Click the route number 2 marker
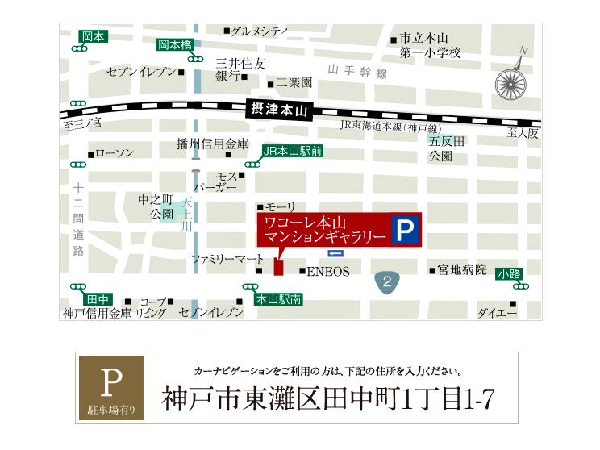pos(387,281)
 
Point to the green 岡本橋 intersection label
pos(176,45)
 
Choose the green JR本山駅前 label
pos(292,151)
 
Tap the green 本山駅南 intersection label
pos(278,299)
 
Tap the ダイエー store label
pos(496,312)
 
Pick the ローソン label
pos(114,152)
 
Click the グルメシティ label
pos(260,31)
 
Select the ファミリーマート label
pos(227,259)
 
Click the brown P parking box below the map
pos(111,388)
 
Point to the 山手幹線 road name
pos(358,73)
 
